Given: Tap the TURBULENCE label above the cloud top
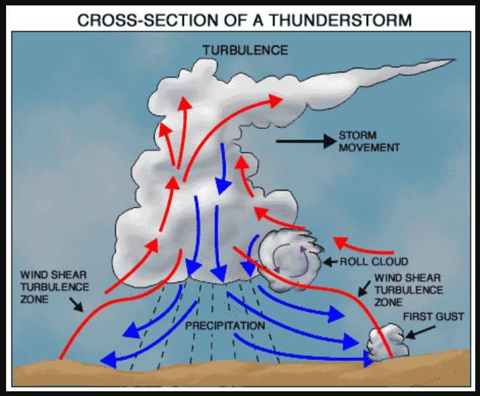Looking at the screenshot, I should point(245,50).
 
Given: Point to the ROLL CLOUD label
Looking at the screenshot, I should point(374,261).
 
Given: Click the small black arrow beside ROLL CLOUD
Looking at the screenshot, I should point(330,261).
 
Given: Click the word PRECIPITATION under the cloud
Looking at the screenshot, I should point(226,326).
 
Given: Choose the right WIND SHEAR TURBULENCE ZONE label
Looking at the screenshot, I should point(407,290).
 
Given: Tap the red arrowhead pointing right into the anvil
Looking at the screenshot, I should point(275,100).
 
